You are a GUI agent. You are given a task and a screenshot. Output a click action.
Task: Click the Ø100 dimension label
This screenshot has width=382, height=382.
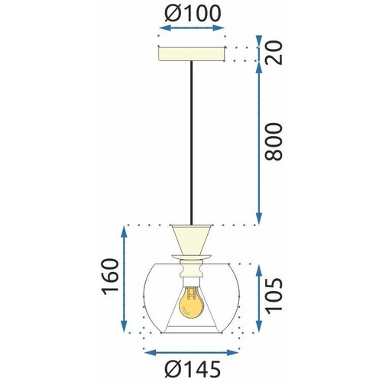pos(193,13)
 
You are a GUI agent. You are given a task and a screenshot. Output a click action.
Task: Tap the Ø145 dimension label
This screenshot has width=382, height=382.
pos(193,369)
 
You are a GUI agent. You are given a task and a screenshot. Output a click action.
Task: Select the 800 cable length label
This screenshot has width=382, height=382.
pos(274,141)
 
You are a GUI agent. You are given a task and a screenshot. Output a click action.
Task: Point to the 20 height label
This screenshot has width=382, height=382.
pos(274,53)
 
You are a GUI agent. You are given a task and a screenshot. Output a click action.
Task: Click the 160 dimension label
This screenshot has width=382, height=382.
pos(111,277)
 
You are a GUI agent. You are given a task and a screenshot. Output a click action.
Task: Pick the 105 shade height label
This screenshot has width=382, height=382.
pos(274,296)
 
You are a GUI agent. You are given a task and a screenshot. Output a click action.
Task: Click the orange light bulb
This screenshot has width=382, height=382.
pos(192,303)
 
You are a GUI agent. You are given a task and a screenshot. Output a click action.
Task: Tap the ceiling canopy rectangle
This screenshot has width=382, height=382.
pos(192,53)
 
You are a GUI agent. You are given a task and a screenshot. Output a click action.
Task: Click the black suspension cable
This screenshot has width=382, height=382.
pos(192,143)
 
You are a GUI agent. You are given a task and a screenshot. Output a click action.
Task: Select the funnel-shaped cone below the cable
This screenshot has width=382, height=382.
pos(192,240)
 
